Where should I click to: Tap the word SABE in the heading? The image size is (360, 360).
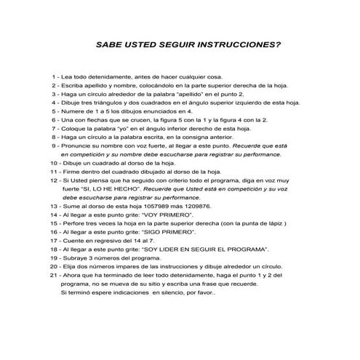coord(111,44)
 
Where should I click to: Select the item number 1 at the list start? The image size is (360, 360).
coord(55,76)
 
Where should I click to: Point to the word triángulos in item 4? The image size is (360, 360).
coord(100,103)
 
